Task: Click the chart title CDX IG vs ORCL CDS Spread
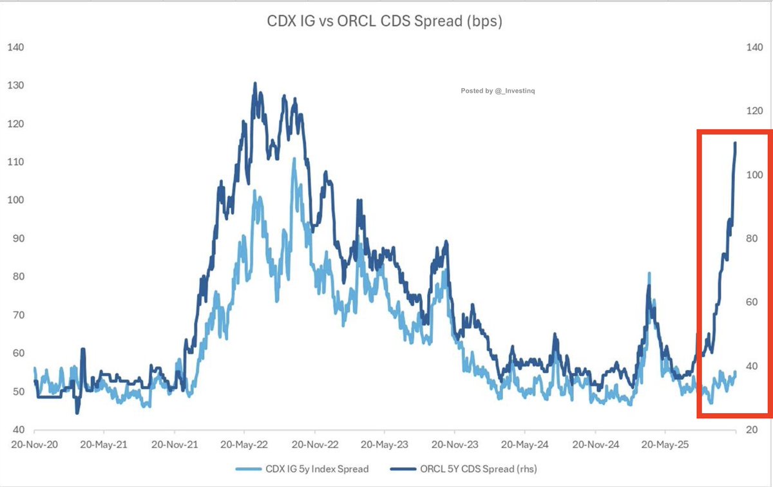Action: [385, 21]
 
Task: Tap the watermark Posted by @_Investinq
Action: [497, 91]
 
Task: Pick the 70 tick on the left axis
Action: [17, 315]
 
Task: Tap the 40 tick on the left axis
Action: [17, 430]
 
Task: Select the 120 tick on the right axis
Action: [754, 111]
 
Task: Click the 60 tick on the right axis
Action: [756, 302]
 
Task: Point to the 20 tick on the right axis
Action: [756, 430]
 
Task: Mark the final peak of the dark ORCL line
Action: [735, 143]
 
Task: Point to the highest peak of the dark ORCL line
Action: [255, 83]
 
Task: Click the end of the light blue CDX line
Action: [736, 372]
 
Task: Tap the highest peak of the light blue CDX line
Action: [294, 158]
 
